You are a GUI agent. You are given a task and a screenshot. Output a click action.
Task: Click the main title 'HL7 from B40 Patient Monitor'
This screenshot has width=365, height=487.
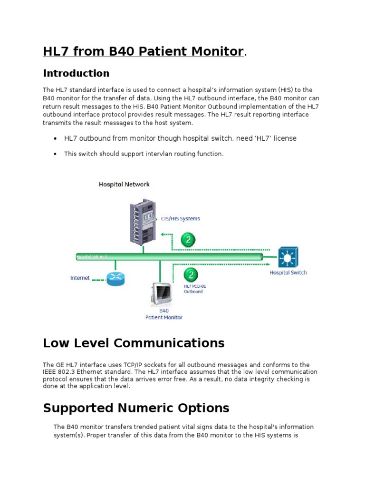coord(143,51)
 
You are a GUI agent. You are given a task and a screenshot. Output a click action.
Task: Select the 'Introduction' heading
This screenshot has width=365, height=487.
coord(76,73)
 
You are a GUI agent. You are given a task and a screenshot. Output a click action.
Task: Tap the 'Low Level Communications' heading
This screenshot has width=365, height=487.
coord(134,343)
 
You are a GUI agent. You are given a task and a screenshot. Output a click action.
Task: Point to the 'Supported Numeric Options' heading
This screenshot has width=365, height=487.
coord(136,408)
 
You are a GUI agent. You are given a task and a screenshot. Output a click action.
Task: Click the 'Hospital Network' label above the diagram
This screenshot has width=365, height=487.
coord(124,184)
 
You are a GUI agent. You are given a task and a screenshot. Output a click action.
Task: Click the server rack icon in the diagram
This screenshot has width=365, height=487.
coord(143,221)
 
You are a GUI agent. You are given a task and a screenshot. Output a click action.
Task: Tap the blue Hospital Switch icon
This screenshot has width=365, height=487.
coord(288,257)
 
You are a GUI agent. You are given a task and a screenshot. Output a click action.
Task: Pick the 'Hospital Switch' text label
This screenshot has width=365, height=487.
coord(288,273)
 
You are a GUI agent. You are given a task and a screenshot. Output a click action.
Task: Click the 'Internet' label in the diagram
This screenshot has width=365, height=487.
coord(80,278)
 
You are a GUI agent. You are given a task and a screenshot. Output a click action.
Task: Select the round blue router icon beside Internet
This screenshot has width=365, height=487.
coord(115,279)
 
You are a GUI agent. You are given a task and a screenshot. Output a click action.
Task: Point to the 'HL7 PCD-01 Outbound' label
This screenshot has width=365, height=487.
coord(195,289)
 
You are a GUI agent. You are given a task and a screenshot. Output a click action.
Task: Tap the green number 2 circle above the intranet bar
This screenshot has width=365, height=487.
coord(189,240)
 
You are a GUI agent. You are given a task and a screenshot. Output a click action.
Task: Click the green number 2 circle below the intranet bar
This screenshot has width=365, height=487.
coord(191,275)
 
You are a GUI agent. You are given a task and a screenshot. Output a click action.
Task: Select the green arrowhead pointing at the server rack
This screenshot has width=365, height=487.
coord(163,234)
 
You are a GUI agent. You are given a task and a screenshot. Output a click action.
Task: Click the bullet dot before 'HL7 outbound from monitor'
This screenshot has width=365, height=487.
coord(55,138)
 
